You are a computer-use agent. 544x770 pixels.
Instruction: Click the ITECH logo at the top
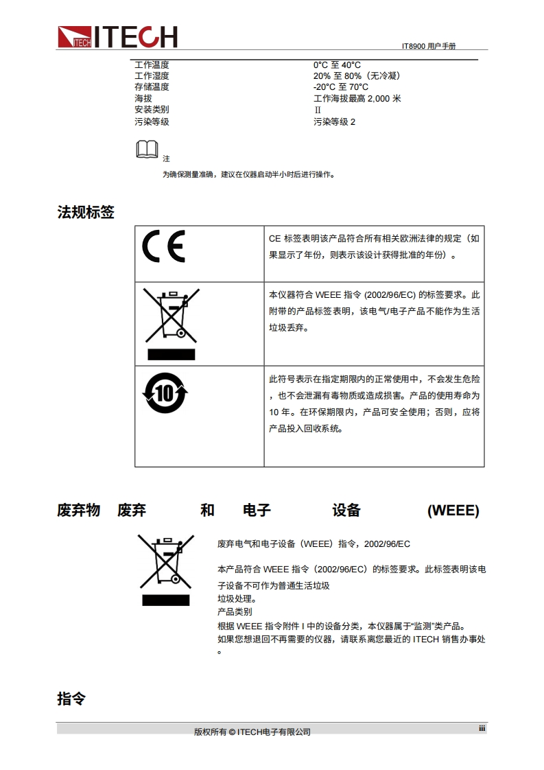click(117, 37)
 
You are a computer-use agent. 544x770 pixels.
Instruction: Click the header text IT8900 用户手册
click(429, 46)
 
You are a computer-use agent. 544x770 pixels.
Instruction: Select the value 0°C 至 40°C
click(337, 65)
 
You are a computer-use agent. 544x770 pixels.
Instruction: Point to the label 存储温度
click(152, 87)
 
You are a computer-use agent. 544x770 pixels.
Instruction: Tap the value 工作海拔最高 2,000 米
click(357, 98)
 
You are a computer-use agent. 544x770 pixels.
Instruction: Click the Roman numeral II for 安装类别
click(318, 110)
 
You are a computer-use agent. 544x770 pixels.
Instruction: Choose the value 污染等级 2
click(334, 121)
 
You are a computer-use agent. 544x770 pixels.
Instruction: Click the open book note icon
click(147, 150)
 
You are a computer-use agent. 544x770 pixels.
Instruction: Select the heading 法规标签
click(86, 212)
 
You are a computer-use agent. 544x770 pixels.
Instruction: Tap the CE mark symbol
click(163, 246)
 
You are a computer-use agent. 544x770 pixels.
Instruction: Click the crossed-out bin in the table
click(171, 315)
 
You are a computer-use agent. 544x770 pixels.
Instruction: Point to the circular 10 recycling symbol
click(165, 393)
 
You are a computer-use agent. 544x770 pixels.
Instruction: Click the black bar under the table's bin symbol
click(172, 355)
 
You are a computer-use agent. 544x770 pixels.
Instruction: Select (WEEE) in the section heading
click(453, 510)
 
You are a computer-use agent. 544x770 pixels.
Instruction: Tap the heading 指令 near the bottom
click(71, 699)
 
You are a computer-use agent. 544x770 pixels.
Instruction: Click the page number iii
click(482, 728)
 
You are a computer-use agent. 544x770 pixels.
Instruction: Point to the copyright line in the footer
click(252, 732)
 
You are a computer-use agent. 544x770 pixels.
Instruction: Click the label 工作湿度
click(152, 75)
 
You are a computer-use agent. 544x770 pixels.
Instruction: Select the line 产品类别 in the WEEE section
click(235, 612)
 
